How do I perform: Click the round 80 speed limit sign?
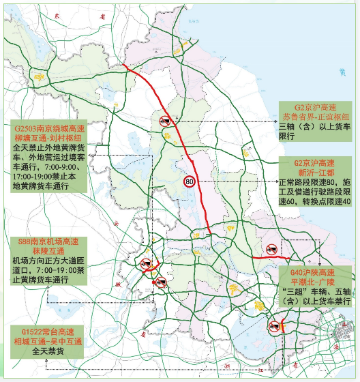click(190, 181)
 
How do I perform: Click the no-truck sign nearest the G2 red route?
click(166, 121)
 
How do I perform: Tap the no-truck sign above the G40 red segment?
click(271, 250)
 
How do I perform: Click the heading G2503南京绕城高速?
click(49, 128)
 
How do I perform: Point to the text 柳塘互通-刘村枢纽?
click(49, 137)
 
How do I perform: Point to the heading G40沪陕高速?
click(316, 271)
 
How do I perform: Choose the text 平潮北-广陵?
click(316, 280)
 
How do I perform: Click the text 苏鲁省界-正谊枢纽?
click(317, 117)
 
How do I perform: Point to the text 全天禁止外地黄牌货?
click(49, 147)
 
